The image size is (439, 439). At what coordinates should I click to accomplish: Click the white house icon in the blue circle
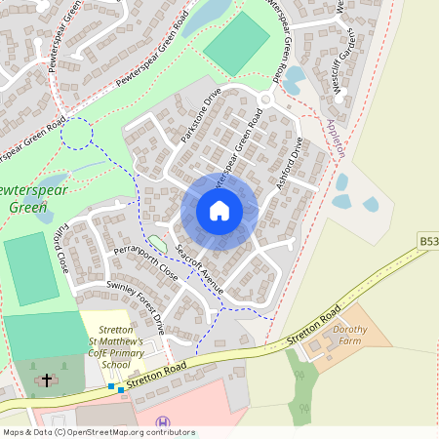(x=219, y=211)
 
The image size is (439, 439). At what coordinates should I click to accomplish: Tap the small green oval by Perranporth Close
(x=157, y=242)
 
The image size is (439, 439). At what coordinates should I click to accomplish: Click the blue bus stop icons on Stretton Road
(x=116, y=388)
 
